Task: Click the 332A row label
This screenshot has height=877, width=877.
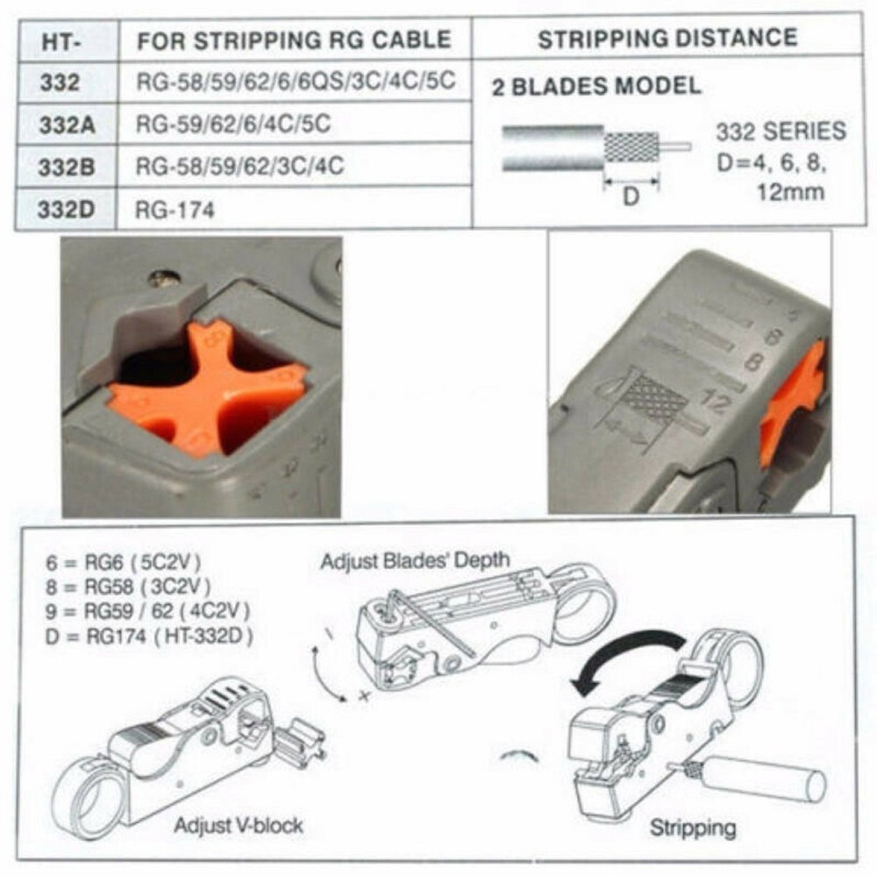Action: [67, 125]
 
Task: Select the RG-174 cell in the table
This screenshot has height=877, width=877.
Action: [175, 210]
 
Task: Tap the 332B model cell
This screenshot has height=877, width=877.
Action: [67, 167]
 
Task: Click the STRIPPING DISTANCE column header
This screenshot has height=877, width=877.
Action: [667, 39]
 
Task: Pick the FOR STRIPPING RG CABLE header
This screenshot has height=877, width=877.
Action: [294, 40]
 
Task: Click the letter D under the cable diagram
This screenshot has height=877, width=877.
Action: [631, 197]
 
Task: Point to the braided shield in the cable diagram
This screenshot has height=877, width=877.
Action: [631, 146]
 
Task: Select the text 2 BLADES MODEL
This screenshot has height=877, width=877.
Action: [596, 87]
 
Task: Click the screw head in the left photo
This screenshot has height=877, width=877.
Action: [164, 279]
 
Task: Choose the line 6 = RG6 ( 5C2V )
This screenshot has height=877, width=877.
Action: [128, 563]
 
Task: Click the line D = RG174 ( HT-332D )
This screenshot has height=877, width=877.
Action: [149, 637]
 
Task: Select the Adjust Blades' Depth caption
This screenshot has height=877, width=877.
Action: [416, 560]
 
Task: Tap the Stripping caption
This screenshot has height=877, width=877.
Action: [693, 827]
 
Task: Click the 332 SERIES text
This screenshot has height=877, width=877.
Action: [781, 132]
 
